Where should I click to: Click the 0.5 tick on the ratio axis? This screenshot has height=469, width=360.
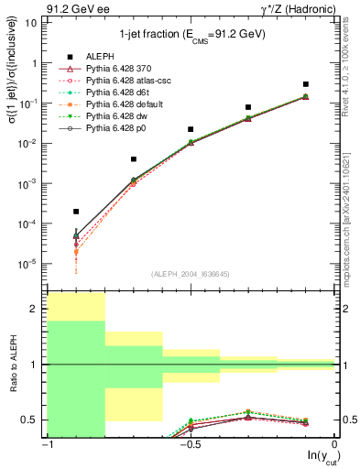tap(36, 420)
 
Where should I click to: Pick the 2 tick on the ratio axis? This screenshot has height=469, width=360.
tap(38, 310)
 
